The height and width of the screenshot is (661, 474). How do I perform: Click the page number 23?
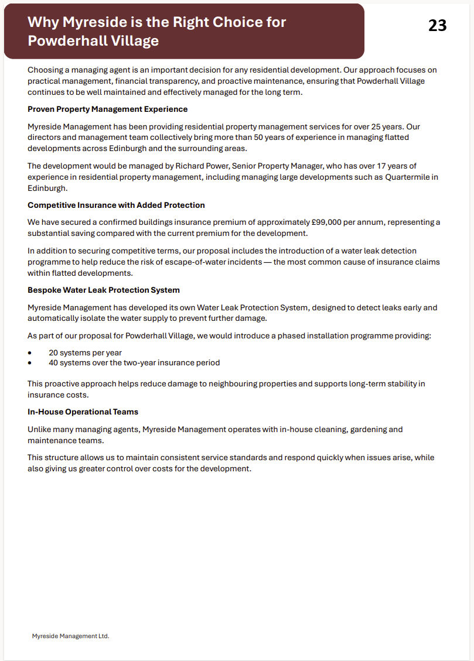(437, 25)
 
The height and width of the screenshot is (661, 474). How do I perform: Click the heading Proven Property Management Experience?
(108, 109)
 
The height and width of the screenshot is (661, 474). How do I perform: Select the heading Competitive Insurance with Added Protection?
(116, 205)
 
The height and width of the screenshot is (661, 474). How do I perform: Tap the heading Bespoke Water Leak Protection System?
(104, 290)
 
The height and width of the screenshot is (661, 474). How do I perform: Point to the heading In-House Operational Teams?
(83, 412)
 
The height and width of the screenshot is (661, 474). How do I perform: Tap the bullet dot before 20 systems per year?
(30, 353)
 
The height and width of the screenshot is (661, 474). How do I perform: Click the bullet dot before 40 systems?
(30, 363)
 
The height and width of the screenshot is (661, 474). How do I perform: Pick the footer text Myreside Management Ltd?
(70, 636)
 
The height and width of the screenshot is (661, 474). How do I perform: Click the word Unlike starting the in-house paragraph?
(40, 429)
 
